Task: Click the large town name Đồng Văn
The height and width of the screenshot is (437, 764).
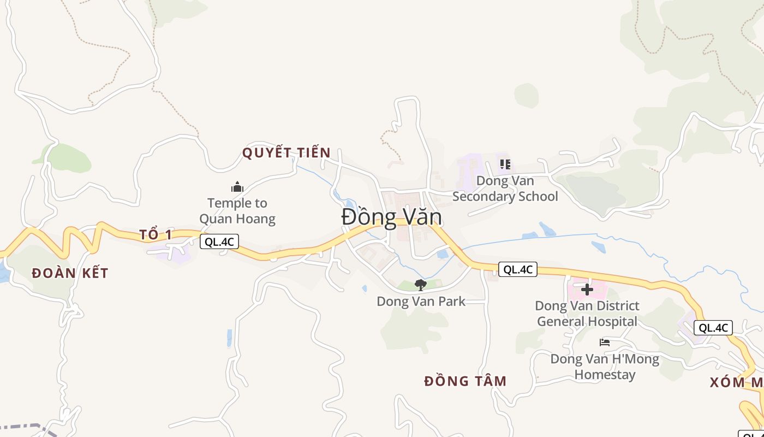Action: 391,217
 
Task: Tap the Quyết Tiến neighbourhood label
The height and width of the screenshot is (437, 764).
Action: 286,152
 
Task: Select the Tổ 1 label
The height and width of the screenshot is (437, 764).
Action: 156,235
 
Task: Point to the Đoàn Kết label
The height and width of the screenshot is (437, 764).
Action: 70,273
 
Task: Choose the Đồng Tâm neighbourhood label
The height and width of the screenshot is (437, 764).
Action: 465,381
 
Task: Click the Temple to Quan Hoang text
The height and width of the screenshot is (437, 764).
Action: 237,211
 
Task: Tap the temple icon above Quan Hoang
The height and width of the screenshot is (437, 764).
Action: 237,187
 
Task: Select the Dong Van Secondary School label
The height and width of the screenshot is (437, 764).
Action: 505,188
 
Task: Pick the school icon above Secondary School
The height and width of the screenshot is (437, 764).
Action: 505,164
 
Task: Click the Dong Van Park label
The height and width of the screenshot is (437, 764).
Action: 421,301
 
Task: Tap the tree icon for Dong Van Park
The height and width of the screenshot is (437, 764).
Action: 420,285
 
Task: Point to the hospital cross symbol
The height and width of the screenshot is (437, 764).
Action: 587,289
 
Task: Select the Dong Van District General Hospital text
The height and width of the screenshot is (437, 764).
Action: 587,313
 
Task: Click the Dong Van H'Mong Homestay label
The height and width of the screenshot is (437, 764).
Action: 605,367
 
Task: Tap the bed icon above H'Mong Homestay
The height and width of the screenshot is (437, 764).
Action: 605,342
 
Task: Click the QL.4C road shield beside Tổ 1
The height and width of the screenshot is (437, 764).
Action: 219,241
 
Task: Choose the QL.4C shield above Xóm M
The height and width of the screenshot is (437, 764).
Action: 713,328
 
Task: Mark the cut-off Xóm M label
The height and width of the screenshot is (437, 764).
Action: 736,382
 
